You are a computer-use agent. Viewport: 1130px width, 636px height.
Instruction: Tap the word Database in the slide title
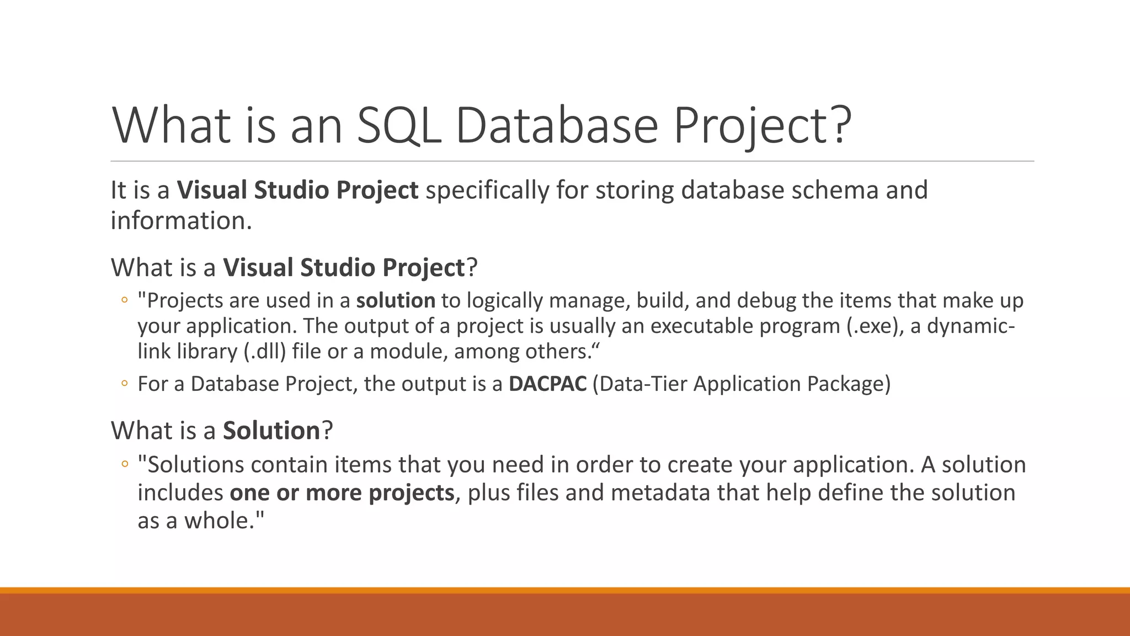557,125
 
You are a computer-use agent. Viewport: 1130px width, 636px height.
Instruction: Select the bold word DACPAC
547,384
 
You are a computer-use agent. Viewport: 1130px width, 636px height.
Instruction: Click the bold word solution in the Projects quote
396,300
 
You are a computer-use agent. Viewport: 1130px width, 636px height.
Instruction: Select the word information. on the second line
181,221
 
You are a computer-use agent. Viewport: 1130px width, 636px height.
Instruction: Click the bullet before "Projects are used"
125,300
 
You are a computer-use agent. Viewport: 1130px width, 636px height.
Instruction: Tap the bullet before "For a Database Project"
125,384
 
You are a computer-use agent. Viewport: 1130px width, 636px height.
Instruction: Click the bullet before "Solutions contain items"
125,464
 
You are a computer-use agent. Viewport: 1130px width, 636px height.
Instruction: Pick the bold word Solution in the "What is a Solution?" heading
271,431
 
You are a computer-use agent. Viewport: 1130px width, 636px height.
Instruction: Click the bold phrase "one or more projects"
342,492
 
